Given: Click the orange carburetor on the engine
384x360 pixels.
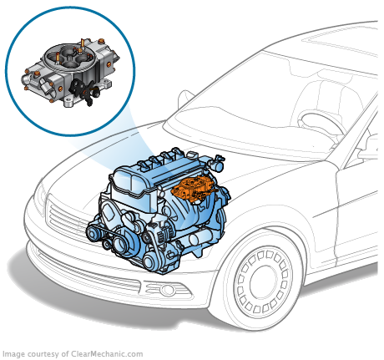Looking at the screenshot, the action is click(194, 190).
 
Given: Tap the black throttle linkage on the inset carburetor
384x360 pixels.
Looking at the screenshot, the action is click(85, 90).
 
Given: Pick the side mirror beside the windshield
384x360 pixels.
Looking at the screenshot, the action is click(186, 99).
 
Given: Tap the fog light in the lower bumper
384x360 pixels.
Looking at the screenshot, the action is click(167, 290).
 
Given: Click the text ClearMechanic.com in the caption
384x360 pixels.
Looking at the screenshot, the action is click(107, 354).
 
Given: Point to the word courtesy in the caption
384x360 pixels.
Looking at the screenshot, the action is click(43, 354).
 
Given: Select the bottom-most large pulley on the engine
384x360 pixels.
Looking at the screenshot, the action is click(151, 261).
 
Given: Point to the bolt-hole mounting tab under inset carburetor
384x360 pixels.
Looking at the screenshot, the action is click(68, 101).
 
